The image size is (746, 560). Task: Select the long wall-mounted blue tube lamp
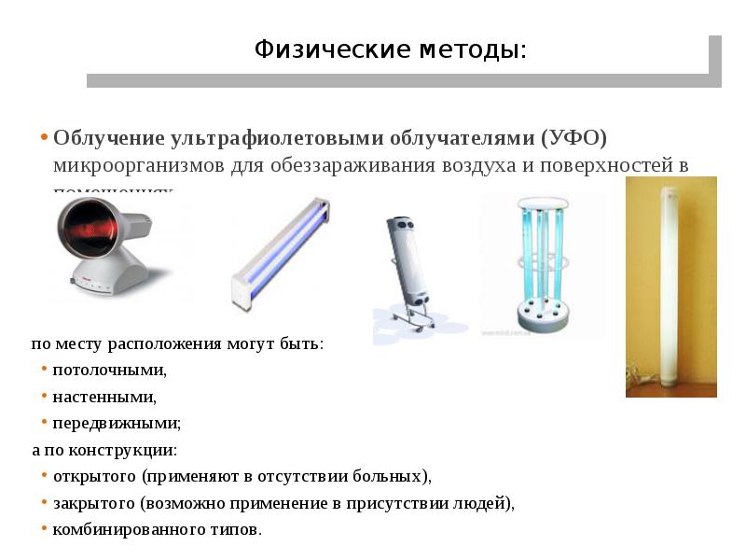click(x=280, y=252)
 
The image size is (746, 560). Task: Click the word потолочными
click(x=109, y=371)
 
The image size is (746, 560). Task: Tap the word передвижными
click(x=117, y=423)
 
